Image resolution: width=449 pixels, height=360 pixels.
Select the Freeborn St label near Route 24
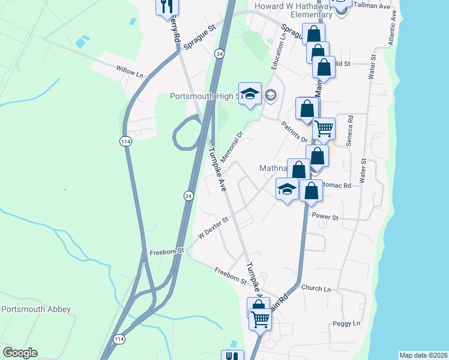(166, 252)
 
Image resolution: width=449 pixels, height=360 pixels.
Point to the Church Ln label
(316, 289)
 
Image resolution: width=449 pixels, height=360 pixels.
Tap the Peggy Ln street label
(346, 323)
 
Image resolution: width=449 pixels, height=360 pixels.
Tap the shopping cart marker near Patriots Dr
(324, 128)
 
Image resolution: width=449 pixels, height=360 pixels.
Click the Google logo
(20, 353)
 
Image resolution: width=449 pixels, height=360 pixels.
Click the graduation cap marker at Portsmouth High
(250, 94)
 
